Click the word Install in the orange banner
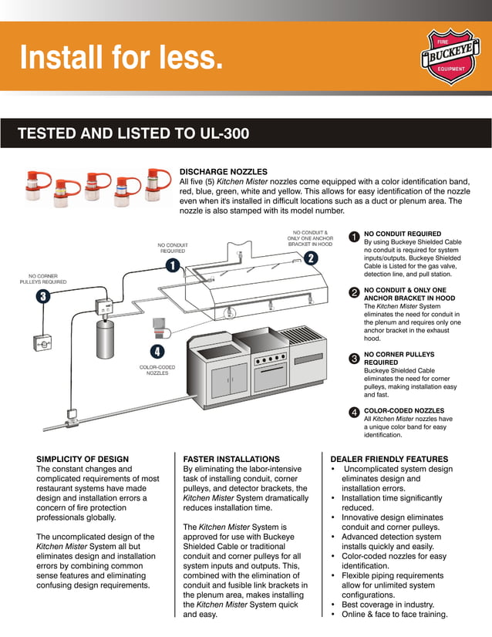63,57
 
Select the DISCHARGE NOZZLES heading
224,171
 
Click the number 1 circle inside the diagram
172,265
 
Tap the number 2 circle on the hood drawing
310,258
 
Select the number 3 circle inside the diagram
42,296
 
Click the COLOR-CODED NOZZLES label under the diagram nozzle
157,370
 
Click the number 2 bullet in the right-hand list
353,292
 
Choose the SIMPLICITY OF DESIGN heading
83,459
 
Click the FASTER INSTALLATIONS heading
231,459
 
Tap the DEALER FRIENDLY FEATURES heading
389,459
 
